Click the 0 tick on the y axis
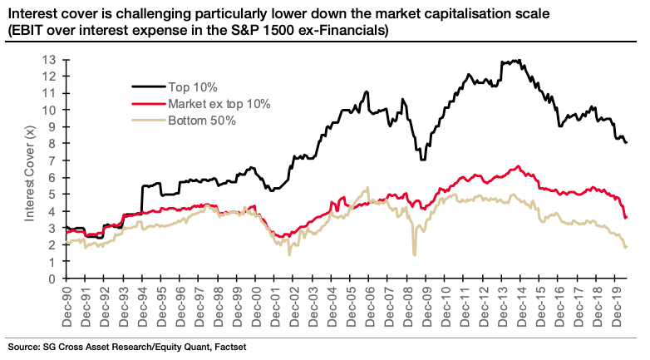52,279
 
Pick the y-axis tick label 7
52,160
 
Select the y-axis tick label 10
50,110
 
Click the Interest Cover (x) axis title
29,170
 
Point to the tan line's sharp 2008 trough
413,254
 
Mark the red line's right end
626,218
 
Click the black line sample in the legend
147,86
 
